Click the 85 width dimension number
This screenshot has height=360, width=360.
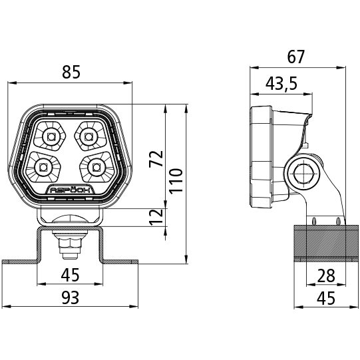(71, 72)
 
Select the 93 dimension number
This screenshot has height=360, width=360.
(71, 297)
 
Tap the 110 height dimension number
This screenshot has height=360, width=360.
(176, 181)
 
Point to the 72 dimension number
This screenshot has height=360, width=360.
(156, 159)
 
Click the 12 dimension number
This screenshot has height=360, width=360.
(156, 217)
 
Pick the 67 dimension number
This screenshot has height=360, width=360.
(296, 57)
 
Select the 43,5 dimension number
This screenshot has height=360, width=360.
(281, 83)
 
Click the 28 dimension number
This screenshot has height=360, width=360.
(326, 275)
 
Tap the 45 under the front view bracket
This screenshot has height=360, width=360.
(71, 275)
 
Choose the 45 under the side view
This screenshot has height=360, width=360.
(326, 298)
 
